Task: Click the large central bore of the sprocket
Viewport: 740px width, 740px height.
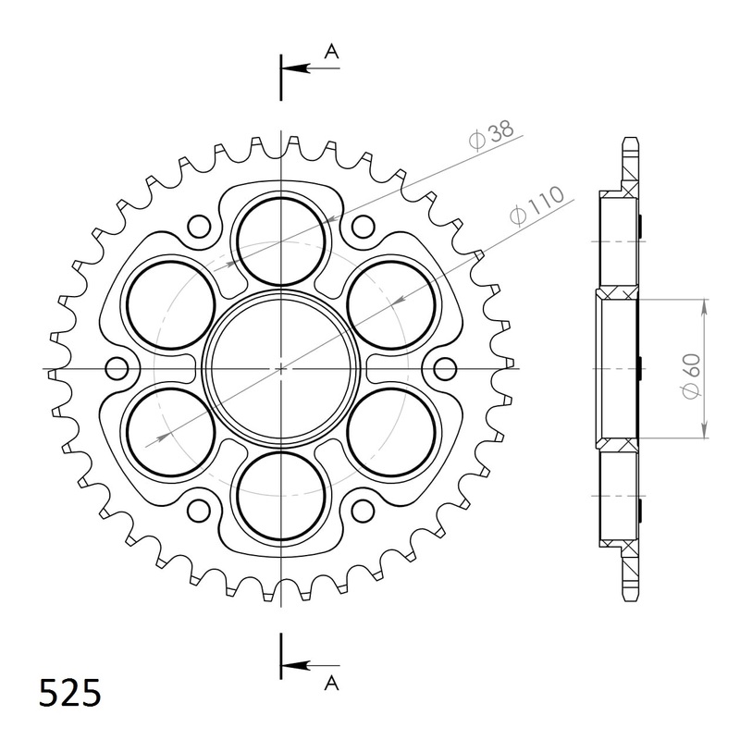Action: (281, 368)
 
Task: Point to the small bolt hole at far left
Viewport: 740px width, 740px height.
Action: (117, 369)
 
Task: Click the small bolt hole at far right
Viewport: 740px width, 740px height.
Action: (445, 369)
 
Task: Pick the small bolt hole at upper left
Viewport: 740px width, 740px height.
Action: (198, 226)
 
